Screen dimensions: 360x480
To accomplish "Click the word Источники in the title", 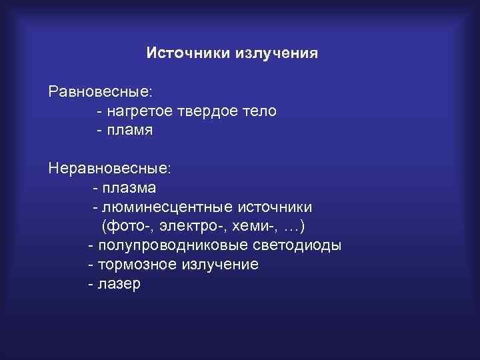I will (x=187, y=53).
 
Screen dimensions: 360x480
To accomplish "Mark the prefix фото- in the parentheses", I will (x=125, y=226).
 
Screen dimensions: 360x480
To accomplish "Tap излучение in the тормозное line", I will (x=218, y=265).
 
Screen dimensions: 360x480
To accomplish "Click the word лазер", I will (x=119, y=284).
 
